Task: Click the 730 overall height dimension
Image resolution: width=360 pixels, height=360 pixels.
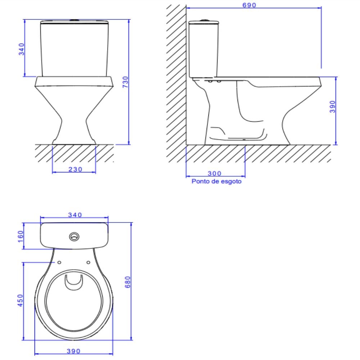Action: tap(126, 82)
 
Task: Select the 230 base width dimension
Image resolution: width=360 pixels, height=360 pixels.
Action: tap(75, 170)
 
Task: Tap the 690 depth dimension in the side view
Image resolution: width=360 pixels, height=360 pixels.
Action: tap(249, 5)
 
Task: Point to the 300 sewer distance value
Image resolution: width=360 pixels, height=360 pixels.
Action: tap(215, 174)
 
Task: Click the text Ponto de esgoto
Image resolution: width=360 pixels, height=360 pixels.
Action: tap(216, 181)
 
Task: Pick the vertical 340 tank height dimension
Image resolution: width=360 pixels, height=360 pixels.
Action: tap(22, 49)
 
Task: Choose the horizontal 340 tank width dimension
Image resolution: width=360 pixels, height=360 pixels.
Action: tap(75, 215)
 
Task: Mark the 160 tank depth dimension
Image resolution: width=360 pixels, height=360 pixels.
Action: tap(21, 237)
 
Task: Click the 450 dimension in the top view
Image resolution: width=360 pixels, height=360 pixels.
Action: tap(21, 301)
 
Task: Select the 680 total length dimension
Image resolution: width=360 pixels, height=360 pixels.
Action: tap(128, 282)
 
